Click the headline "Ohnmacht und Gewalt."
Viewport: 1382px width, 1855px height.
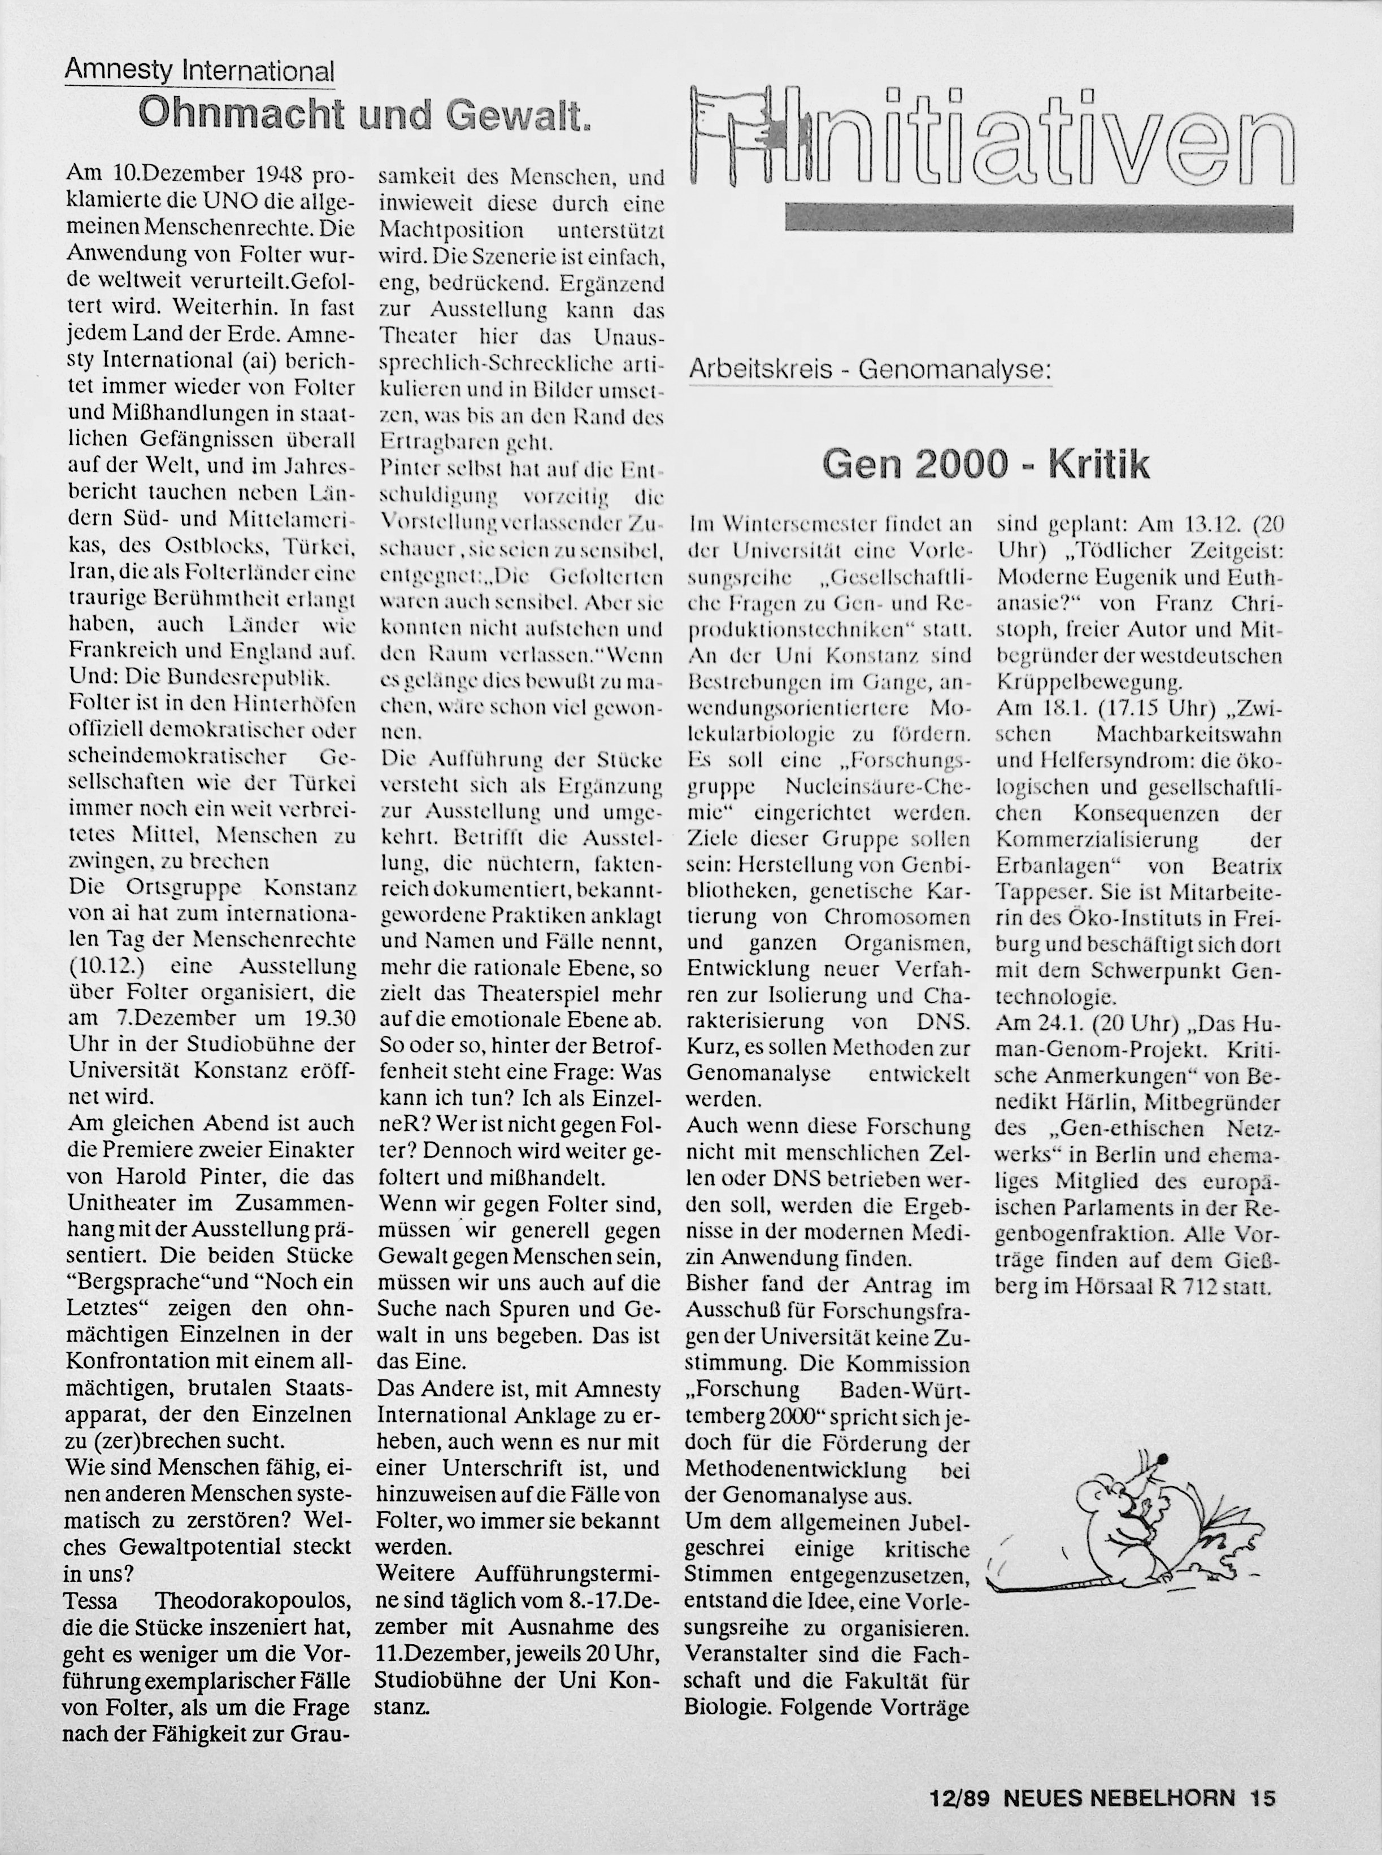[366, 114]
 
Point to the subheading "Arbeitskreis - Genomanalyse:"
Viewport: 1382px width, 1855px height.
[870, 369]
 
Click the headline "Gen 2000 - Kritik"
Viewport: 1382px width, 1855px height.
[985, 465]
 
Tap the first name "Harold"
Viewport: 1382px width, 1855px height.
[145, 1176]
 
